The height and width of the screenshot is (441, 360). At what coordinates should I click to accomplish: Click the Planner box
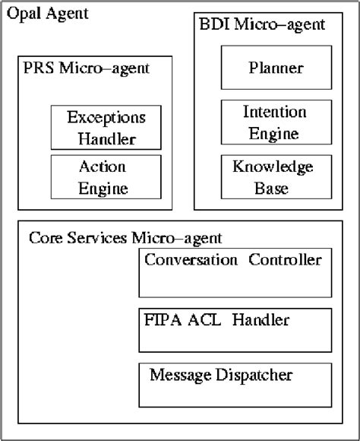[x=275, y=67]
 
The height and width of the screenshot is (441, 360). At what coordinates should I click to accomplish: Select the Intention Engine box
[x=275, y=122]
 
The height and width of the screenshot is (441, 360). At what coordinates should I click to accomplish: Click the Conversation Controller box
[x=235, y=272]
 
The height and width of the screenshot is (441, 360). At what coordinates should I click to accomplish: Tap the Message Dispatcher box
[x=235, y=385]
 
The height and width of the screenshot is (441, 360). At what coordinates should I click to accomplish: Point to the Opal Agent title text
[x=47, y=14]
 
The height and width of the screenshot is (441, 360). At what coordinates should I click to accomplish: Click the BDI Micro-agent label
[x=260, y=24]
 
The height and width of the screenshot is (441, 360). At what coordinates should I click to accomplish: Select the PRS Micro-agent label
[x=87, y=68]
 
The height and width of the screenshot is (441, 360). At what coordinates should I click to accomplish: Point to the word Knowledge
[x=273, y=167]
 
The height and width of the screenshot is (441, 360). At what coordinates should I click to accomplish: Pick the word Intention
[x=274, y=112]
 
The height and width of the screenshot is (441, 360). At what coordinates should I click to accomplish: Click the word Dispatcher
[x=257, y=374]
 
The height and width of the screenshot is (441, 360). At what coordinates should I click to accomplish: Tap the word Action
[x=102, y=167]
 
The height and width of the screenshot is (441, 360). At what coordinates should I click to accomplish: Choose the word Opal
[x=23, y=14]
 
